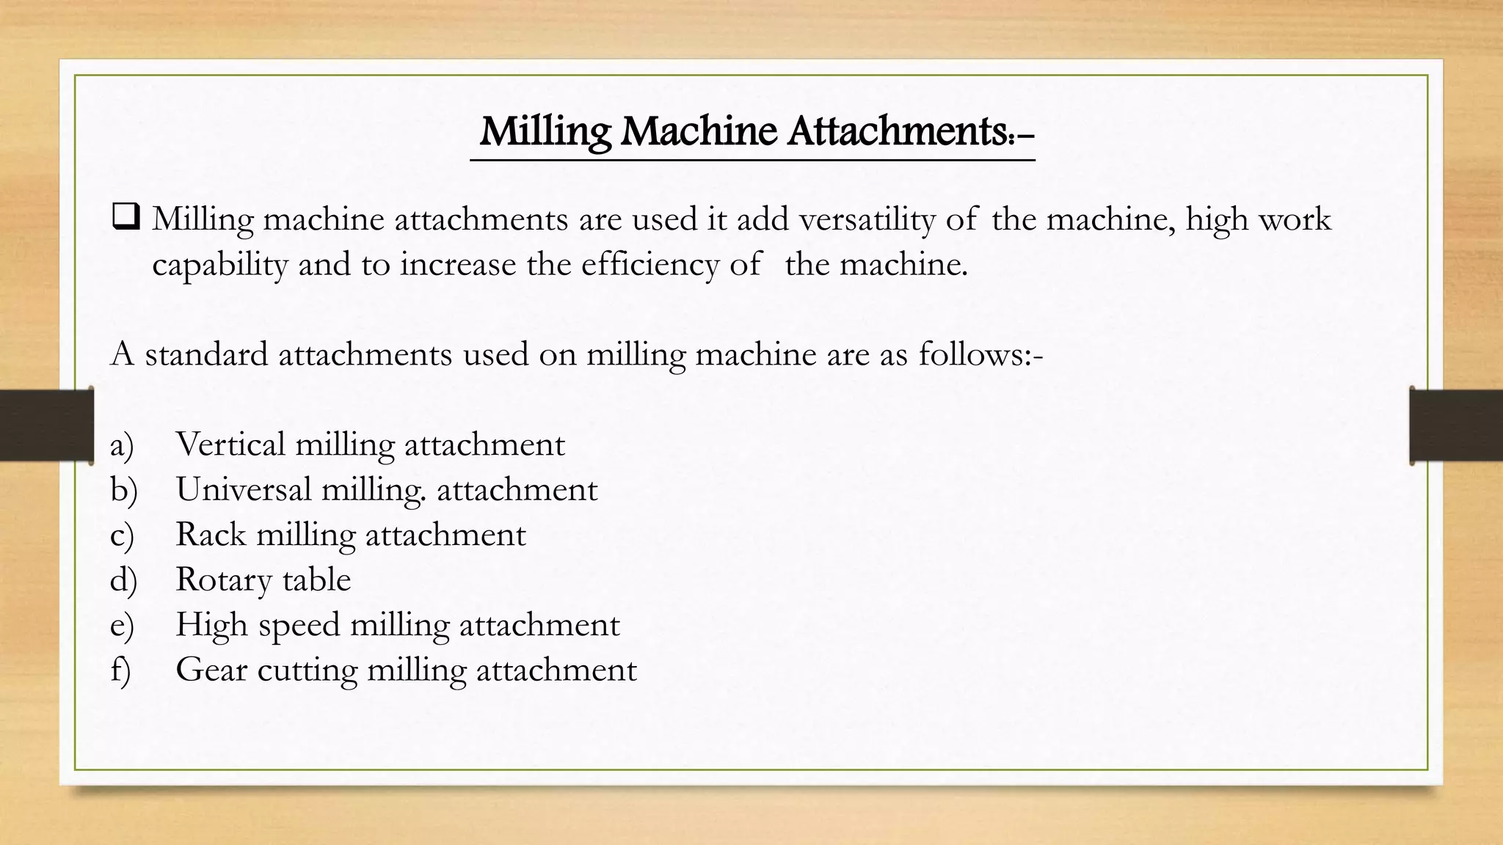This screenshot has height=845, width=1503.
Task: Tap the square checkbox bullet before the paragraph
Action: [125, 218]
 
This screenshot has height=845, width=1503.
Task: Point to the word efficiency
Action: [650, 265]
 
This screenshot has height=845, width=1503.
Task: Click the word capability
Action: [219, 265]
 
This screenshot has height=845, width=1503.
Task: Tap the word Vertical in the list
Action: [230, 445]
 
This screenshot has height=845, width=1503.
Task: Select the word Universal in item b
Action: [244, 489]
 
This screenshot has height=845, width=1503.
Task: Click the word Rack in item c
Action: [211, 535]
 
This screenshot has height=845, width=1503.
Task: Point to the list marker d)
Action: [123, 580]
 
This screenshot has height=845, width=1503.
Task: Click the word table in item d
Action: [316, 579]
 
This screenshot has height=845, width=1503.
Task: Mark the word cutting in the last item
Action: [307, 670]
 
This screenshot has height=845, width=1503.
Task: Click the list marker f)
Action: [120, 670]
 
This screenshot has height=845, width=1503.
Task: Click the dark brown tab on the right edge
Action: [1456, 425]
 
